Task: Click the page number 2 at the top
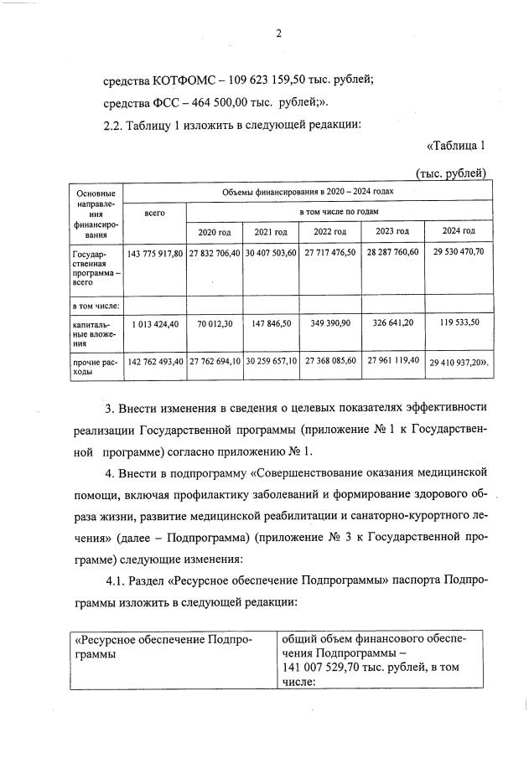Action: coord(278,34)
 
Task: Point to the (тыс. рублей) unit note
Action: coord(451,173)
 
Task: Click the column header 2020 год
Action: coord(214,231)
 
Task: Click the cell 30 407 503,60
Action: coord(271,253)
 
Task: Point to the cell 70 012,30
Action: coord(214,323)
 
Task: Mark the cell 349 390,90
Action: coord(329,323)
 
